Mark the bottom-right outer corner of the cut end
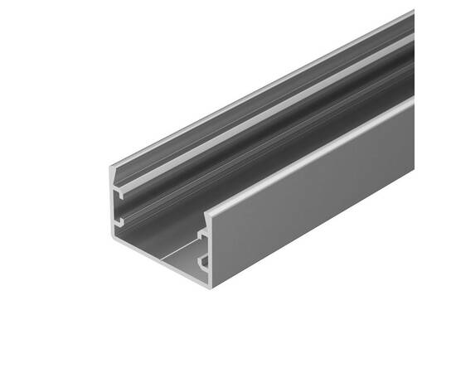[x=210, y=287]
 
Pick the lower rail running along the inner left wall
[x=249, y=153]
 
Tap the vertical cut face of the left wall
[x=114, y=207]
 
